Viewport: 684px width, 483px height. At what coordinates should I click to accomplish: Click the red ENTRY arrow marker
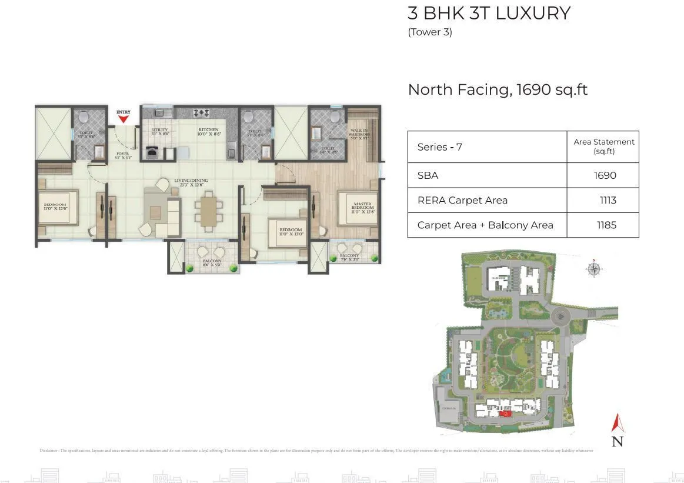click(124, 119)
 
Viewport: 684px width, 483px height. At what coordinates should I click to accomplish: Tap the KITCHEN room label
click(208, 129)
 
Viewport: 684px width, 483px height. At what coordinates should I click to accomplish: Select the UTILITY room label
click(160, 129)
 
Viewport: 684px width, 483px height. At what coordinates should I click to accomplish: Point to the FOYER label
click(122, 154)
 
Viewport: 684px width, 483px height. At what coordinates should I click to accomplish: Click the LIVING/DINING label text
click(191, 181)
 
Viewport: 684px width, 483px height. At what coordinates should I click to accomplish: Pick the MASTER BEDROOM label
click(363, 206)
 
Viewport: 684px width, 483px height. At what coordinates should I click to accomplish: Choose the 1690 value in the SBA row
click(606, 175)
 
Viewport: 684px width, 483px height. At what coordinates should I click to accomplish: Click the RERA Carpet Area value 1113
click(608, 200)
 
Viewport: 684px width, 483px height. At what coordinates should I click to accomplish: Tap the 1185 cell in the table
click(606, 225)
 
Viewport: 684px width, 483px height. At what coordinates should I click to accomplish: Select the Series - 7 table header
click(439, 147)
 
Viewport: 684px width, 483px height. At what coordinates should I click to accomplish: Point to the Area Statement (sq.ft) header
click(603, 146)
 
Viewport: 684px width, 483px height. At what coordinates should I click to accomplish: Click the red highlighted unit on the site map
click(505, 414)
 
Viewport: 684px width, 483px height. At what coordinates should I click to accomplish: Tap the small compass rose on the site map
click(594, 269)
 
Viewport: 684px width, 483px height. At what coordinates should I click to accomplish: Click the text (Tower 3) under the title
click(430, 32)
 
